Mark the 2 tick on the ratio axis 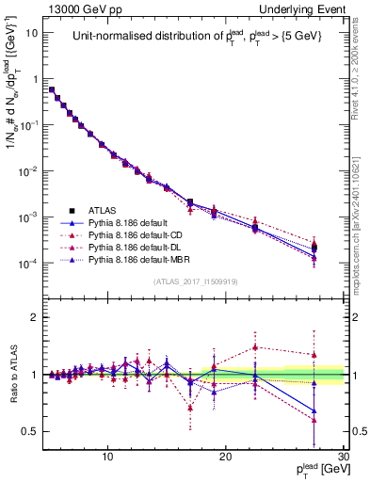coord(35,317)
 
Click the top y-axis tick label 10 coord(32,32)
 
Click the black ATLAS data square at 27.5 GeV coord(314,248)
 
